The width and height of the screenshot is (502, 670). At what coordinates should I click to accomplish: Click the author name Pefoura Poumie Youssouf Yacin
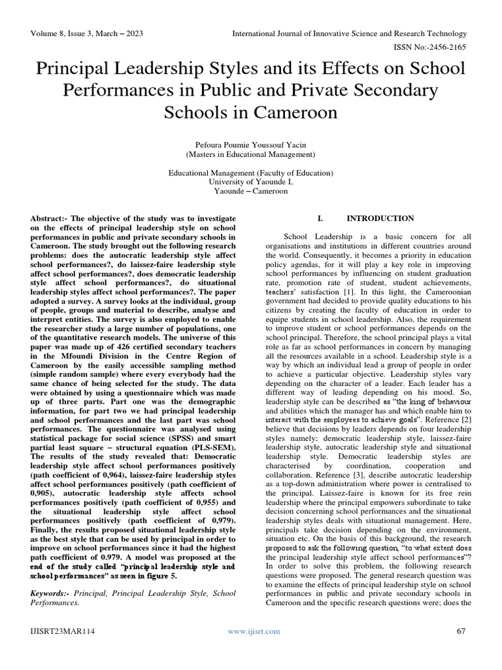coord(251,145)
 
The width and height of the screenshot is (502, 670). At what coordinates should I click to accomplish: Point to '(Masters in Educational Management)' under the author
coord(251,154)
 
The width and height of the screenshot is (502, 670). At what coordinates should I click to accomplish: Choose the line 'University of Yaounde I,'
coord(251,182)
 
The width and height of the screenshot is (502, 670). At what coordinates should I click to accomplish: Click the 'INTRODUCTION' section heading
coord(380,219)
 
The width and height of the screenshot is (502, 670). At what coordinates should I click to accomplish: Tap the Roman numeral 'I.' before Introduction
coord(320,219)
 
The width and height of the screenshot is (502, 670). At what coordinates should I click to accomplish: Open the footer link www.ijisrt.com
coord(254,649)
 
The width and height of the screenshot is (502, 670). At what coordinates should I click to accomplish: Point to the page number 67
coord(461,649)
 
